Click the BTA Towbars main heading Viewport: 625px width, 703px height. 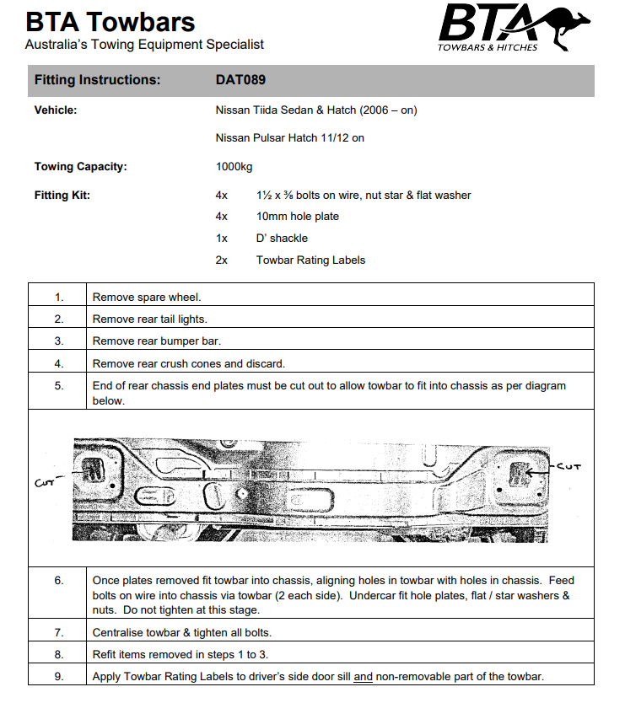pos(110,22)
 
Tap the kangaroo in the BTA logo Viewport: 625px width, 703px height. pos(566,25)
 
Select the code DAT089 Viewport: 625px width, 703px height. pos(241,80)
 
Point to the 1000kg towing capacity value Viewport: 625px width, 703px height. pos(234,166)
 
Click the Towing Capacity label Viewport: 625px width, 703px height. pos(80,166)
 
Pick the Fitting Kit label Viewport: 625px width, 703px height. pos(62,195)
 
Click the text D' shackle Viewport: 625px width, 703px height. pos(282,239)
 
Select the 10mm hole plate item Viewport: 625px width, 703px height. pos(298,217)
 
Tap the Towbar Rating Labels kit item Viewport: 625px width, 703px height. pos(310,260)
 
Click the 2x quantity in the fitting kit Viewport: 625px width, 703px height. pos(222,260)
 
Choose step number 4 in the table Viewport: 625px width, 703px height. pos(59,363)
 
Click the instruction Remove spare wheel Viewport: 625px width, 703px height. pos(147,298)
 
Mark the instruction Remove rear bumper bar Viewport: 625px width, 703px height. pos(156,341)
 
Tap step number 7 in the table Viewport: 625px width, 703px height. pos(59,631)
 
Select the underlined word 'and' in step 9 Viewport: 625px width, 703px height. pos(363,676)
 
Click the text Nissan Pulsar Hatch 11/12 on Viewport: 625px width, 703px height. pos(290,137)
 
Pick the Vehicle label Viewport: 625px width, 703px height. pos(56,110)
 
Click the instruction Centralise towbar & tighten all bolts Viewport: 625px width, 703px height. pos(193,631)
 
